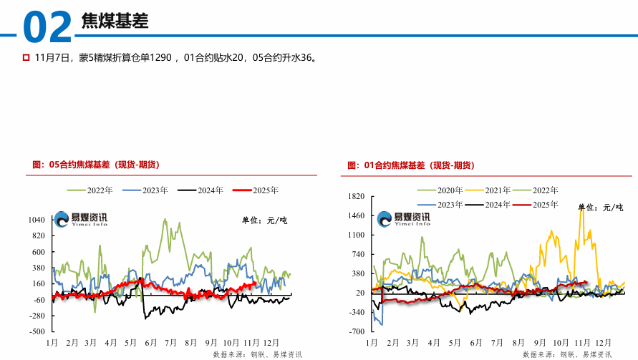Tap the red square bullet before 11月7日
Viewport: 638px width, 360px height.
tap(26, 57)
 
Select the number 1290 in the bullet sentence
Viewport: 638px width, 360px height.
tap(161, 57)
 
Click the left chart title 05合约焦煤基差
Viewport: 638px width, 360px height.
tap(96, 165)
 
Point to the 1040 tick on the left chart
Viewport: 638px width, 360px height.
tap(37, 220)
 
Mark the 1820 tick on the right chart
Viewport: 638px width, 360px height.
tap(356, 196)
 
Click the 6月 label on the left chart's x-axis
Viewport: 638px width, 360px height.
tap(150, 343)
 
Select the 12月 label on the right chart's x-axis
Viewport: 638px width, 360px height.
tap(604, 343)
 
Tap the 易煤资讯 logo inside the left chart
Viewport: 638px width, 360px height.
tap(81, 219)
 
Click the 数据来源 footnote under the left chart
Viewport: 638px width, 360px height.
tap(257, 354)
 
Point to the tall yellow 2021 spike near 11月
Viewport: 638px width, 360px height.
tap(582, 209)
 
